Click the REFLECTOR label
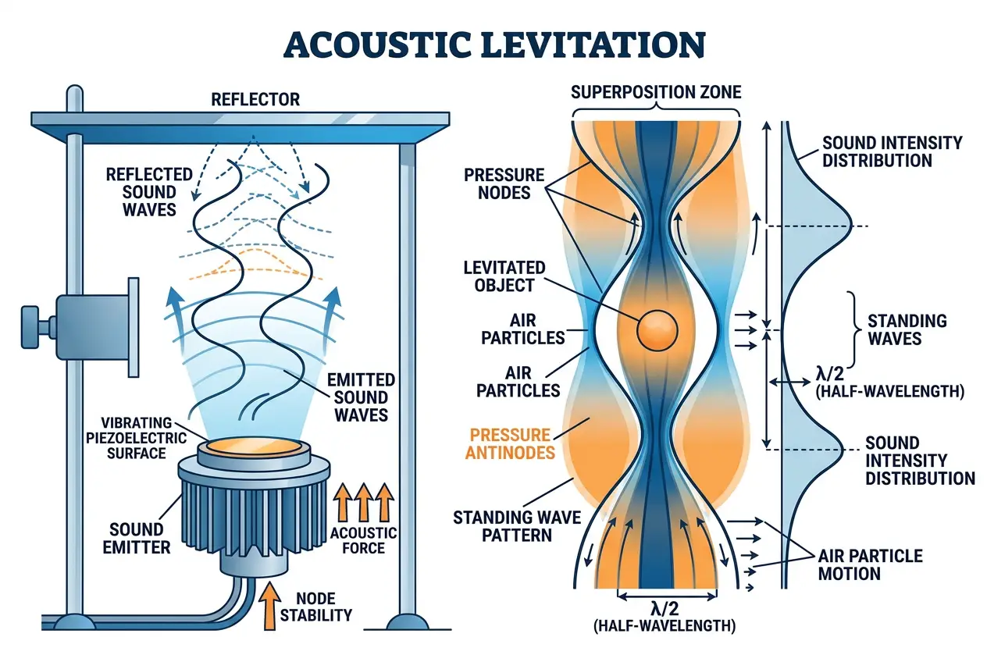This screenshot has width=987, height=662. pyautogui.click(x=255, y=99)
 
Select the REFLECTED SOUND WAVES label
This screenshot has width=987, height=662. pyautogui.click(x=141, y=191)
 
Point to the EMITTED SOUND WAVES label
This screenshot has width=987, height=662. pyautogui.click(x=361, y=397)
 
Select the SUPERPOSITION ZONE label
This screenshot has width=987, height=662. pyautogui.click(x=656, y=93)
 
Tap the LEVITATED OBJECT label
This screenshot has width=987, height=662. pyautogui.click(x=506, y=276)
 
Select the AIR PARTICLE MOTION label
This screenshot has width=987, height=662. pyautogui.click(x=870, y=564)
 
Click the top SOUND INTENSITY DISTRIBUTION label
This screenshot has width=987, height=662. pyautogui.click(x=892, y=151)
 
